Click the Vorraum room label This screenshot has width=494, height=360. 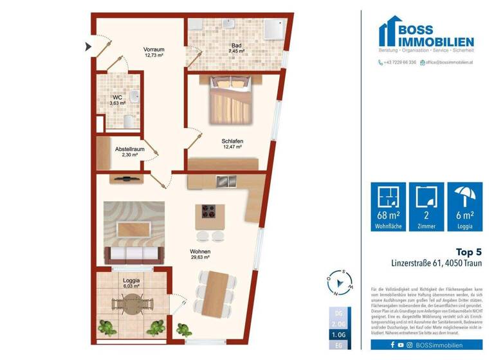pyautogui.click(x=154, y=52)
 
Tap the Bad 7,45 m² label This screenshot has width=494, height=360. pyautogui.click(x=237, y=48)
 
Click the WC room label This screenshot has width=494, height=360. pyautogui.click(x=118, y=100)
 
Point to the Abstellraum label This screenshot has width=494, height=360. pyautogui.click(x=129, y=152)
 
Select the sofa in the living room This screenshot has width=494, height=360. pyautogui.click(x=134, y=253)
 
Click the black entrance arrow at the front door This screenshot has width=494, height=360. pyautogui.click(x=88, y=46)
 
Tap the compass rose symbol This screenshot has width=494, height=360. pyautogui.click(x=339, y=282)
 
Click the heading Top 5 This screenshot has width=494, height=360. pyautogui.click(x=468, y=251)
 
